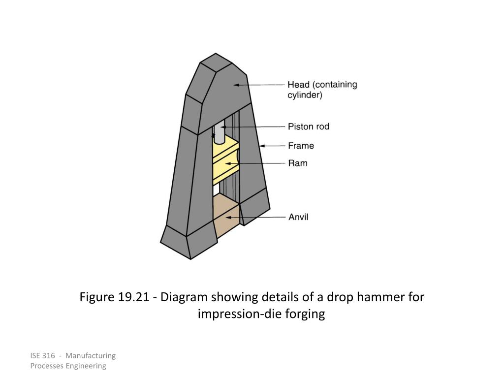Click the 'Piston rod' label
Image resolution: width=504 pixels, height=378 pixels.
point(308,126)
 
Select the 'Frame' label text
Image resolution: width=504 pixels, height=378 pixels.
point(301,146)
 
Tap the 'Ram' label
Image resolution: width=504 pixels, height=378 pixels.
point(297,163)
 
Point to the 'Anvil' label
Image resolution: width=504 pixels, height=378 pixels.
point(298,217)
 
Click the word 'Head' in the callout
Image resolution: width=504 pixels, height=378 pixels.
point(299,85)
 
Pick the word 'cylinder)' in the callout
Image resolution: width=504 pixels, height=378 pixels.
point(305,95)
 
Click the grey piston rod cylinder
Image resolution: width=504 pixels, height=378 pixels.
point(220,131)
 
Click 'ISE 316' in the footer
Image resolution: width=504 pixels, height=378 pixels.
point(42,356)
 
